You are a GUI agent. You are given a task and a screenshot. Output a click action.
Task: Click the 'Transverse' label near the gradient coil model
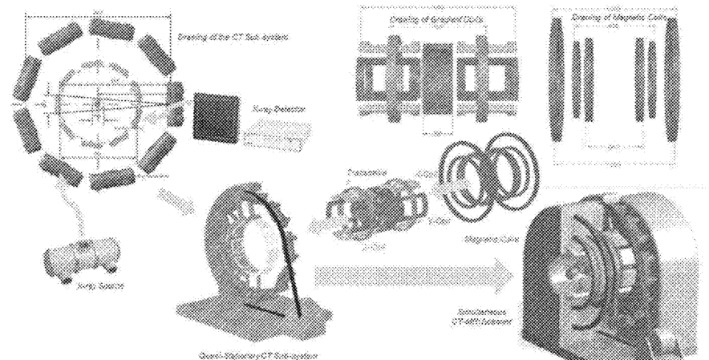click(x=359, y=172)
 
